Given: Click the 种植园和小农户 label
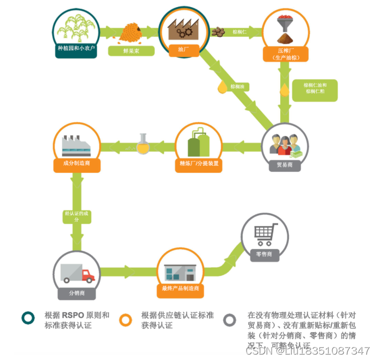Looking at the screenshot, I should tap(76, 48).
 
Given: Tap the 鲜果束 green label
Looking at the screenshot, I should tap(131, 51).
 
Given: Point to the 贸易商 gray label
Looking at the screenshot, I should tap(285, 165).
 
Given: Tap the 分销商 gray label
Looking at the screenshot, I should tap(76, 294).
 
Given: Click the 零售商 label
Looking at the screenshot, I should tap(264, 254).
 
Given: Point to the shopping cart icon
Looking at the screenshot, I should tap(264, 234).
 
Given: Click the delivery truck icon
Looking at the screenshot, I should tap(77, 273).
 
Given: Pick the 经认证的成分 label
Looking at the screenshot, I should tap(77, 216).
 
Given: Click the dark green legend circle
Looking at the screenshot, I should tap(26, 320).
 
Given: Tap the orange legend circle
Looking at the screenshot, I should tap(126, 320).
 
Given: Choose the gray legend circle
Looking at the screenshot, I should tap(231, 320).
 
